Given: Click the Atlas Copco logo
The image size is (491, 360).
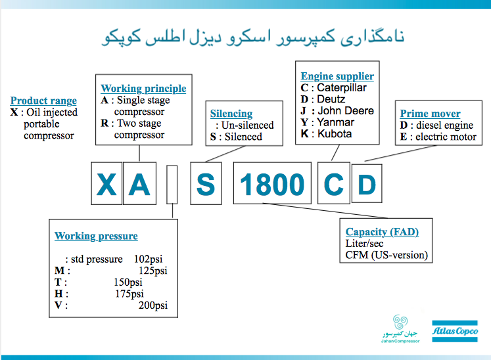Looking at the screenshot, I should tap(459, 332).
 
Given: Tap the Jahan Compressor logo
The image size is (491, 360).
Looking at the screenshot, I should tap(400, 329).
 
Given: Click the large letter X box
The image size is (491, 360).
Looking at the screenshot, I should tap(106, 185).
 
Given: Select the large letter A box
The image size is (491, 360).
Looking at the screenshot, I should tap(139, 185).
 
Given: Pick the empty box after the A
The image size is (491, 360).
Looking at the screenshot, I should tap(172, 185).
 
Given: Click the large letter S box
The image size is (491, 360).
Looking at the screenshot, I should tap(206, 185).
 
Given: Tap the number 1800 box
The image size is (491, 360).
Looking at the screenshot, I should tap(272, 185).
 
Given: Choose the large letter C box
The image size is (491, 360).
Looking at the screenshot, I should tap(335, 185).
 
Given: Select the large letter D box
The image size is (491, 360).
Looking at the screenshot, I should tap(366, 185).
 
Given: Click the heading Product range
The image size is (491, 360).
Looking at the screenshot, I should tap(43, 101).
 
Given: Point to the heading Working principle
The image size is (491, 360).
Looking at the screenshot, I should tap(143, 88).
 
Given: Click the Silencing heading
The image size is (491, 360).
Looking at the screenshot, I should tap(231, 113).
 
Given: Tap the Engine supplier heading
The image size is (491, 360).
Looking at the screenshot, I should tap(337, 76).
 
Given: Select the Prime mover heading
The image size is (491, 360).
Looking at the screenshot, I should tap(430, 113).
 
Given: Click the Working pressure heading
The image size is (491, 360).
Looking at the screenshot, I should tap(96, 236).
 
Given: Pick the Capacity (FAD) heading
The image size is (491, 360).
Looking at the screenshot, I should tap(382, 231).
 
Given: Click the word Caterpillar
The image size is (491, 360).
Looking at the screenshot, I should tap(342, 88).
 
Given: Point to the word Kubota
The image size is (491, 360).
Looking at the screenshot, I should tap(335, 134).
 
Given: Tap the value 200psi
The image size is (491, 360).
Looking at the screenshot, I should tap(152, 305).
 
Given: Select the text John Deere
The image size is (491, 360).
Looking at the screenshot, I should tap(346, 110).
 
